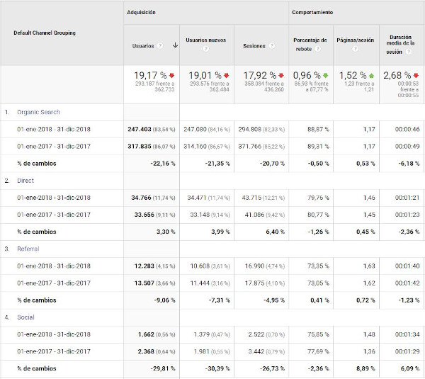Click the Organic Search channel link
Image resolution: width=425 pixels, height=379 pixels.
click(x=39, y=112)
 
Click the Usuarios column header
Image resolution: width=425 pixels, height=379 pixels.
click(x=143, y=46)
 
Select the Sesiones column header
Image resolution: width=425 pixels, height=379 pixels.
click(x=254, y=46)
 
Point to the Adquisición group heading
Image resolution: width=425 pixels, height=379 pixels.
click(x=141, y=13)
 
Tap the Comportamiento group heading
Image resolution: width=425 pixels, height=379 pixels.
click(x=312, y=13)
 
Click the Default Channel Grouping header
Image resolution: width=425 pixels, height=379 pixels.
click(x=44, y=33)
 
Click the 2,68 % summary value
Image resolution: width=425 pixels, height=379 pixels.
click(x=396, y=74)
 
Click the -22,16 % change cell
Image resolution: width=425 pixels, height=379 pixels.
click(x=160, y=164)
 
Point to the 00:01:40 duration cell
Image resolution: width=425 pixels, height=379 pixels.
click(x=407, y=266)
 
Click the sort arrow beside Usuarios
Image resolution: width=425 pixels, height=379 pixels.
click(x=174, y=46)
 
